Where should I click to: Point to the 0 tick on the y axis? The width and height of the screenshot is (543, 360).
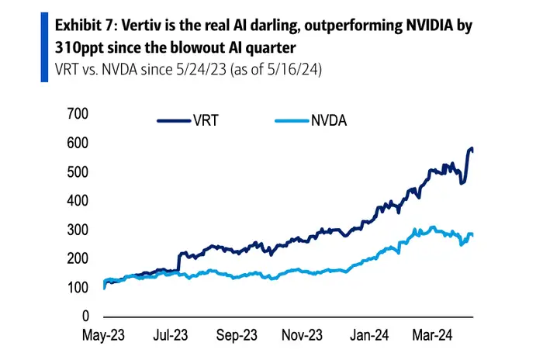point(85,317)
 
